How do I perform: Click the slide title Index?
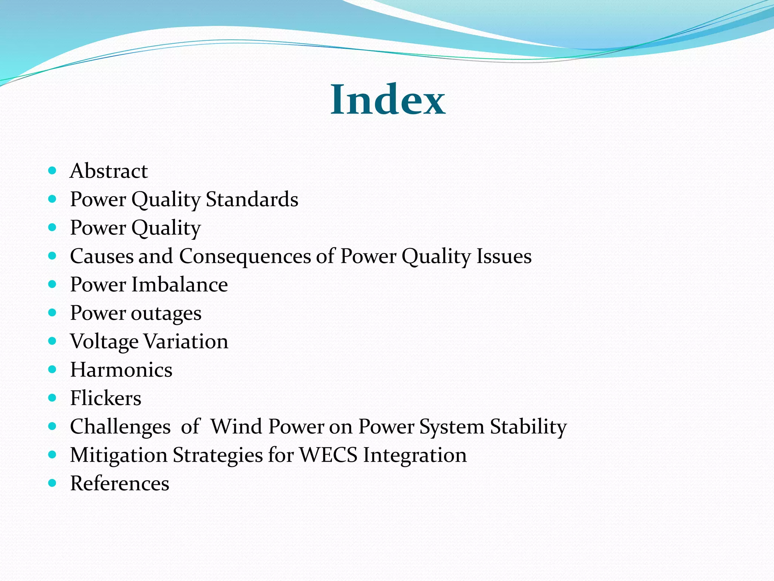pos(388,100)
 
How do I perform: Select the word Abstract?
pos(109,171)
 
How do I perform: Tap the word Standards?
pos(252,199)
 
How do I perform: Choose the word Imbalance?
pos(180,284)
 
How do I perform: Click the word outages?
pos(166,314)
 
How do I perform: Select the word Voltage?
pos(104,342)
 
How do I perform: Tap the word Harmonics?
pos(121,370)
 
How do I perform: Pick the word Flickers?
pos(106,398)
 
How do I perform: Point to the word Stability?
pos(528,427)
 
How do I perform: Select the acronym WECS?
pos(328,455)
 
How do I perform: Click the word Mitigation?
pos(119,455)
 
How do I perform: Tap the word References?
pos(120,483)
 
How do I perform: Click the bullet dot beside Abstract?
pos(53,171)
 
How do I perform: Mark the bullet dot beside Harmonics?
pos(53,369)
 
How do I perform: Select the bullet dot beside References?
pos(53,483)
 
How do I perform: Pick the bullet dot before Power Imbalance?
pos(53,284)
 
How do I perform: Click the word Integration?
pos(415,455)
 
